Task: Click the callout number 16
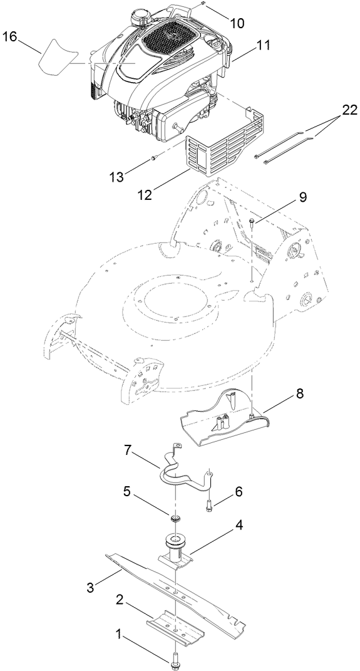click(9, 37)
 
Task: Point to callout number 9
click(302, 197)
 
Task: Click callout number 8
click(300, 394)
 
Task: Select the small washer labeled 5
click(175, 518)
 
